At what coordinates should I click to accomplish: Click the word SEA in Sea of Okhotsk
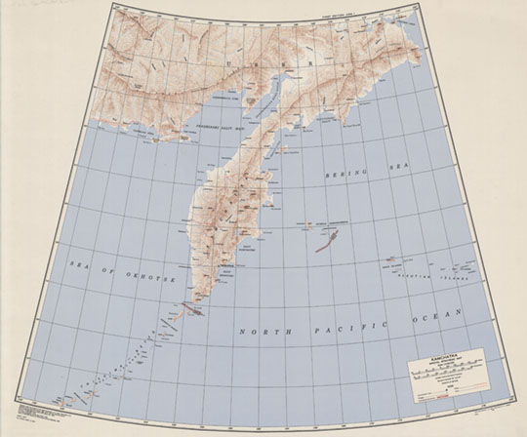click(76, 263)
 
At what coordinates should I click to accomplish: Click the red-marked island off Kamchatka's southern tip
click(193, 313)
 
